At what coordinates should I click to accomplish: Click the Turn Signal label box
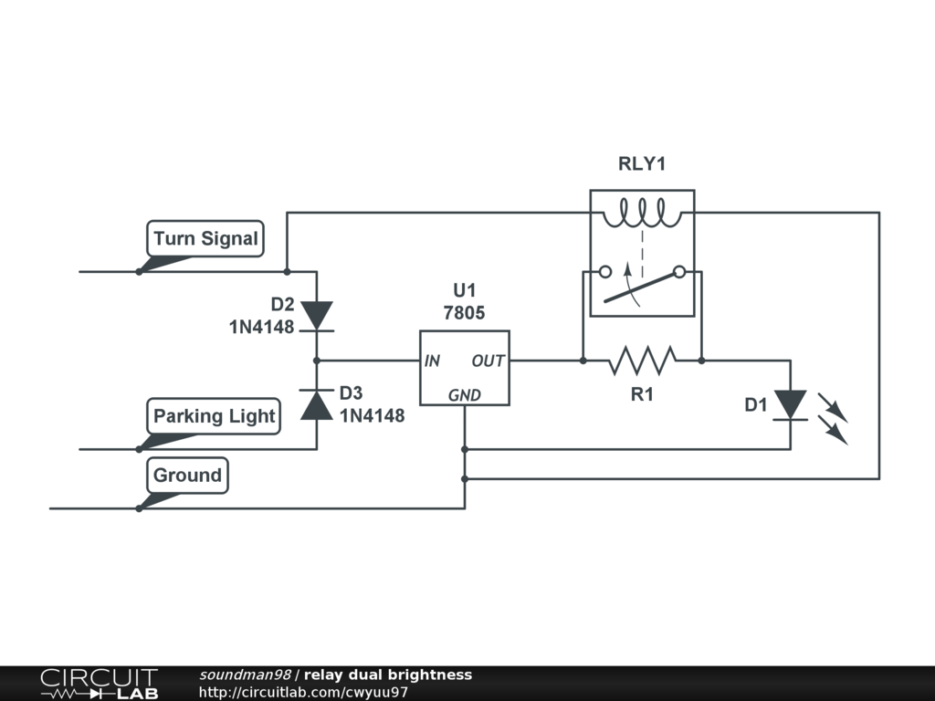[205, 238]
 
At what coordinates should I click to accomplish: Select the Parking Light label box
[214, 416]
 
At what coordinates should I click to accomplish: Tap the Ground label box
[187, 475]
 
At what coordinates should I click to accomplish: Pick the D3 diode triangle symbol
[317, 404]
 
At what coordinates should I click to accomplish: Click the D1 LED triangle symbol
[791, 404]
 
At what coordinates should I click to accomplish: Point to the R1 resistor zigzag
[642, 361]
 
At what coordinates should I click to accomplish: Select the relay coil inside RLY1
[642, 214]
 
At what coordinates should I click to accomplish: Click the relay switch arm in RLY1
[642, 288]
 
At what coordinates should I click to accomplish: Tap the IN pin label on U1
[432, 361]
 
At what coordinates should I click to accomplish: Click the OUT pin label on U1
[489, 361]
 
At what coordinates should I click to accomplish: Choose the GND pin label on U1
[465, 395]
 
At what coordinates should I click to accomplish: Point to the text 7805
[464, 312]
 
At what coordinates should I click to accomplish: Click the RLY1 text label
[642, 163]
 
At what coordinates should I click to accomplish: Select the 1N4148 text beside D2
[262, 327]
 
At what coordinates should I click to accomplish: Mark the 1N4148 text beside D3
[373, 415]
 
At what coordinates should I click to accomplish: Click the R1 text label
[642, 394]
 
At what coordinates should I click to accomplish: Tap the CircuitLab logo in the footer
[99, 683]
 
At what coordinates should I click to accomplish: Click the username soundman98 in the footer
[245, 675]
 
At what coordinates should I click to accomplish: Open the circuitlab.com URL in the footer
[303, 692]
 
